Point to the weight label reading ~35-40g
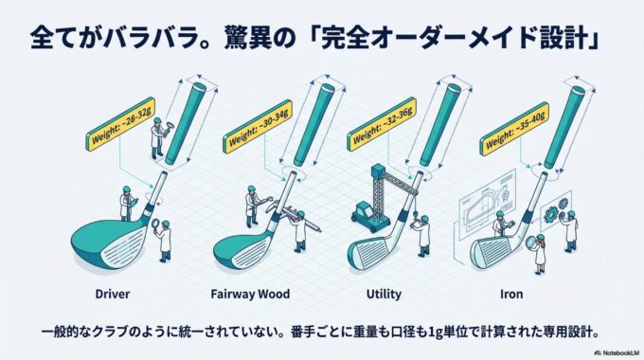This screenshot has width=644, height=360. coord(514,129)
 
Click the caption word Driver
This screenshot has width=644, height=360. coord(112,295)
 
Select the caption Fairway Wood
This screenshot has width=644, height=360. coord(250,295)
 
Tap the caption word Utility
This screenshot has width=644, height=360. coord(384,295)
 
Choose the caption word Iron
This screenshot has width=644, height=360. coord(511,295)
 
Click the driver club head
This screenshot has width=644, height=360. coord(109,243)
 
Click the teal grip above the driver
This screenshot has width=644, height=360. coord(185,122)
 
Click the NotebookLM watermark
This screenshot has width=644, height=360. coord(617,353)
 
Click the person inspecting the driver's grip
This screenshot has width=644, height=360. coord(157,137)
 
